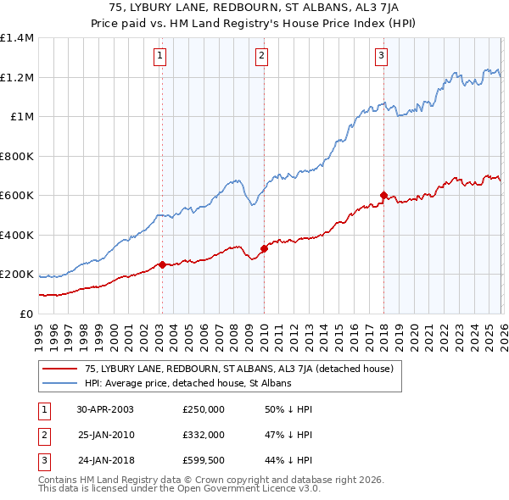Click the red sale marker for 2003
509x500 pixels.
(x=162, y=264)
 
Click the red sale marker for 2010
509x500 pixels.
(x=263, y=248)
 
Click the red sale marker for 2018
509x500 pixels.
(x=383, y=195)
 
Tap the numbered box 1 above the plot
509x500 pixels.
(x=160, y=57)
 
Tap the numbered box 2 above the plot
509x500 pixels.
(x=261, y=57)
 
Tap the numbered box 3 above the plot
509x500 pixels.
(x=382, y=57)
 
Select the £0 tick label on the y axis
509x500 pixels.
(x=26, y=314)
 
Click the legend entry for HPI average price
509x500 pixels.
(x=187, y=383)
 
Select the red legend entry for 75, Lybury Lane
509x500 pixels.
(x=238, y=369)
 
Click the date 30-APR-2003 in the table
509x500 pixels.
(x=105, y=409)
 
